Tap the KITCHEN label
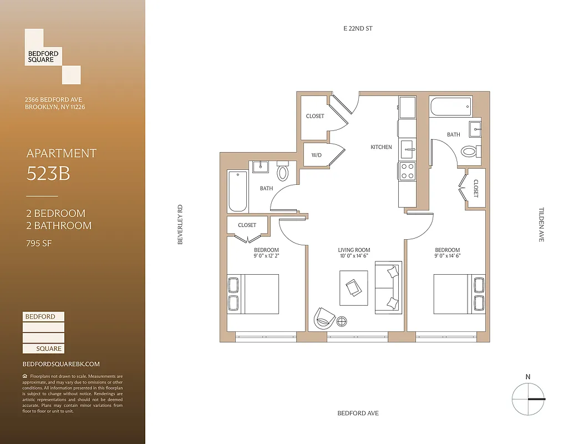tap(381, 147)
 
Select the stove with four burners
tap(407, 171)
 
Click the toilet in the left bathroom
tap(283, 172)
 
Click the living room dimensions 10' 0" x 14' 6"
tap(354, 256)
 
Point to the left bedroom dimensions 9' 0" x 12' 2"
tap(266, 256)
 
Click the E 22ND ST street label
tap(358, 28)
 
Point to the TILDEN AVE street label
tap(541, 224)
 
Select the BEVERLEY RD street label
tap(180, 225)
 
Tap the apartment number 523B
tap(48, 174)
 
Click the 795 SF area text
tap(39, 243)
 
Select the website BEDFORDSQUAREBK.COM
tap(61, 364)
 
